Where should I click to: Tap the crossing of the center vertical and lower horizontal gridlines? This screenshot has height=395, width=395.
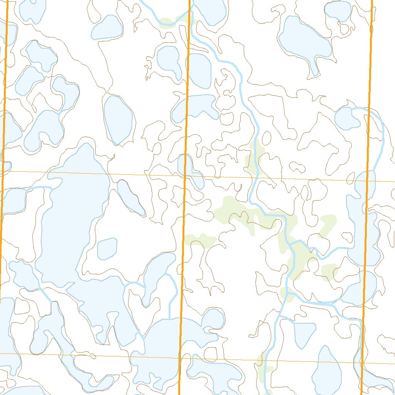point(180,358)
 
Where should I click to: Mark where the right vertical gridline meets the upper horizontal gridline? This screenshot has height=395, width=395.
point(367,180)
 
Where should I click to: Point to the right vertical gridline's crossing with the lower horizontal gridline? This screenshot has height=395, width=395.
point(362,363)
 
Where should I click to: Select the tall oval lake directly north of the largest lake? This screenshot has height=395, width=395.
point(118,119)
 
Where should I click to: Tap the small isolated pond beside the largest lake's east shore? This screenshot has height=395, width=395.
point(107,249)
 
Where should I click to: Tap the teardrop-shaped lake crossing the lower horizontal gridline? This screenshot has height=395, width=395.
point(327,370)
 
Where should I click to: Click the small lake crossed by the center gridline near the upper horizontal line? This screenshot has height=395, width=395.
point(190,170)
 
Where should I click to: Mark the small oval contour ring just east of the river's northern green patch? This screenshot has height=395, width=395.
point(266,137)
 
